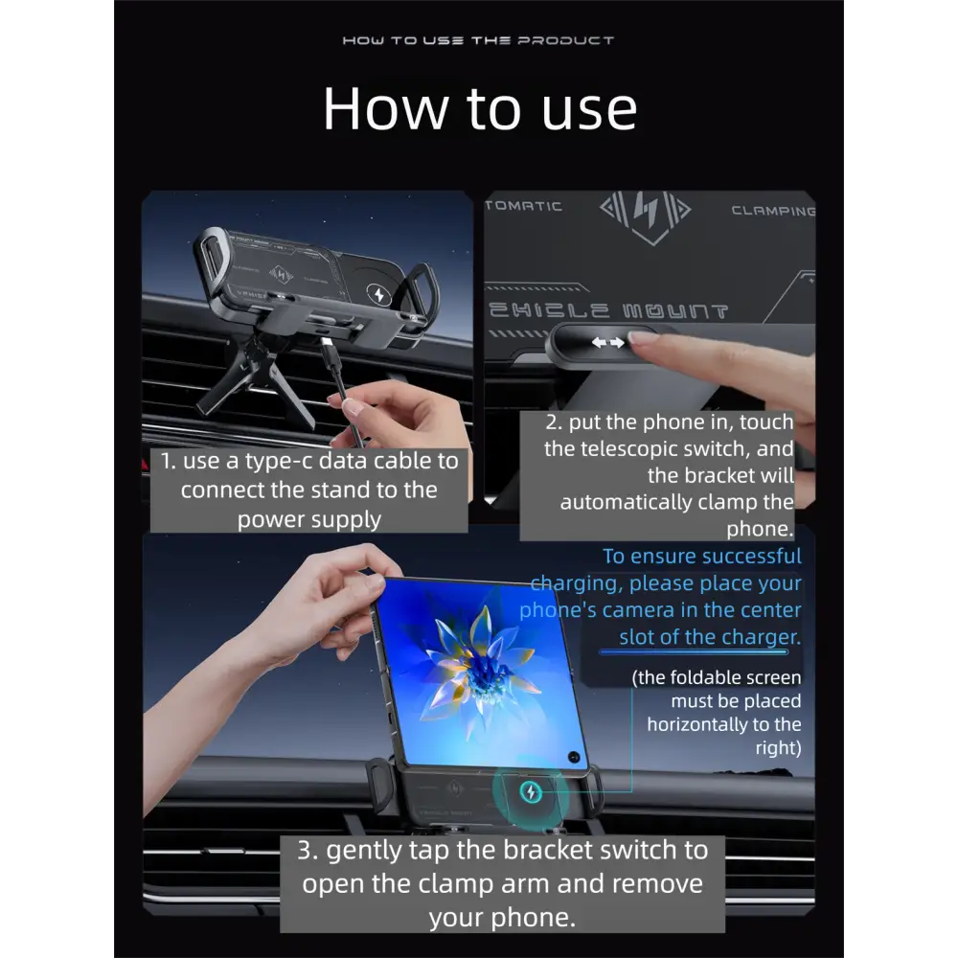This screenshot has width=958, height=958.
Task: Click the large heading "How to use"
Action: tap(480, 109)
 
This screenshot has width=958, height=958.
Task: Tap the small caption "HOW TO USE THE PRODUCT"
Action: tap(478, 40)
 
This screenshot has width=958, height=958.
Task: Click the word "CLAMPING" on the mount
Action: tap(773, 211)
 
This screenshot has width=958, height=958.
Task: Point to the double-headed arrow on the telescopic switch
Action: tap(608, 343)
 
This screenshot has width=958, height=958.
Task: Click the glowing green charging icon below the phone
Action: tap(531, 792)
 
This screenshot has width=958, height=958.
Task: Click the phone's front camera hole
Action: tap(574, 757)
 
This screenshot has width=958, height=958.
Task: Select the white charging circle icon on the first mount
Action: tap(379, 294)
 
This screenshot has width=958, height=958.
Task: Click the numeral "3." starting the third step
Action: tap(308, 850)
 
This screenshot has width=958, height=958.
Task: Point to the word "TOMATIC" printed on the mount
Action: tap(524, 207)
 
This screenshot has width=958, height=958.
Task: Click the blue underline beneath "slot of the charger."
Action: tap(694, 651)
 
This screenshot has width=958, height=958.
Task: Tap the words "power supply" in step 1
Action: tap(309, 519)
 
